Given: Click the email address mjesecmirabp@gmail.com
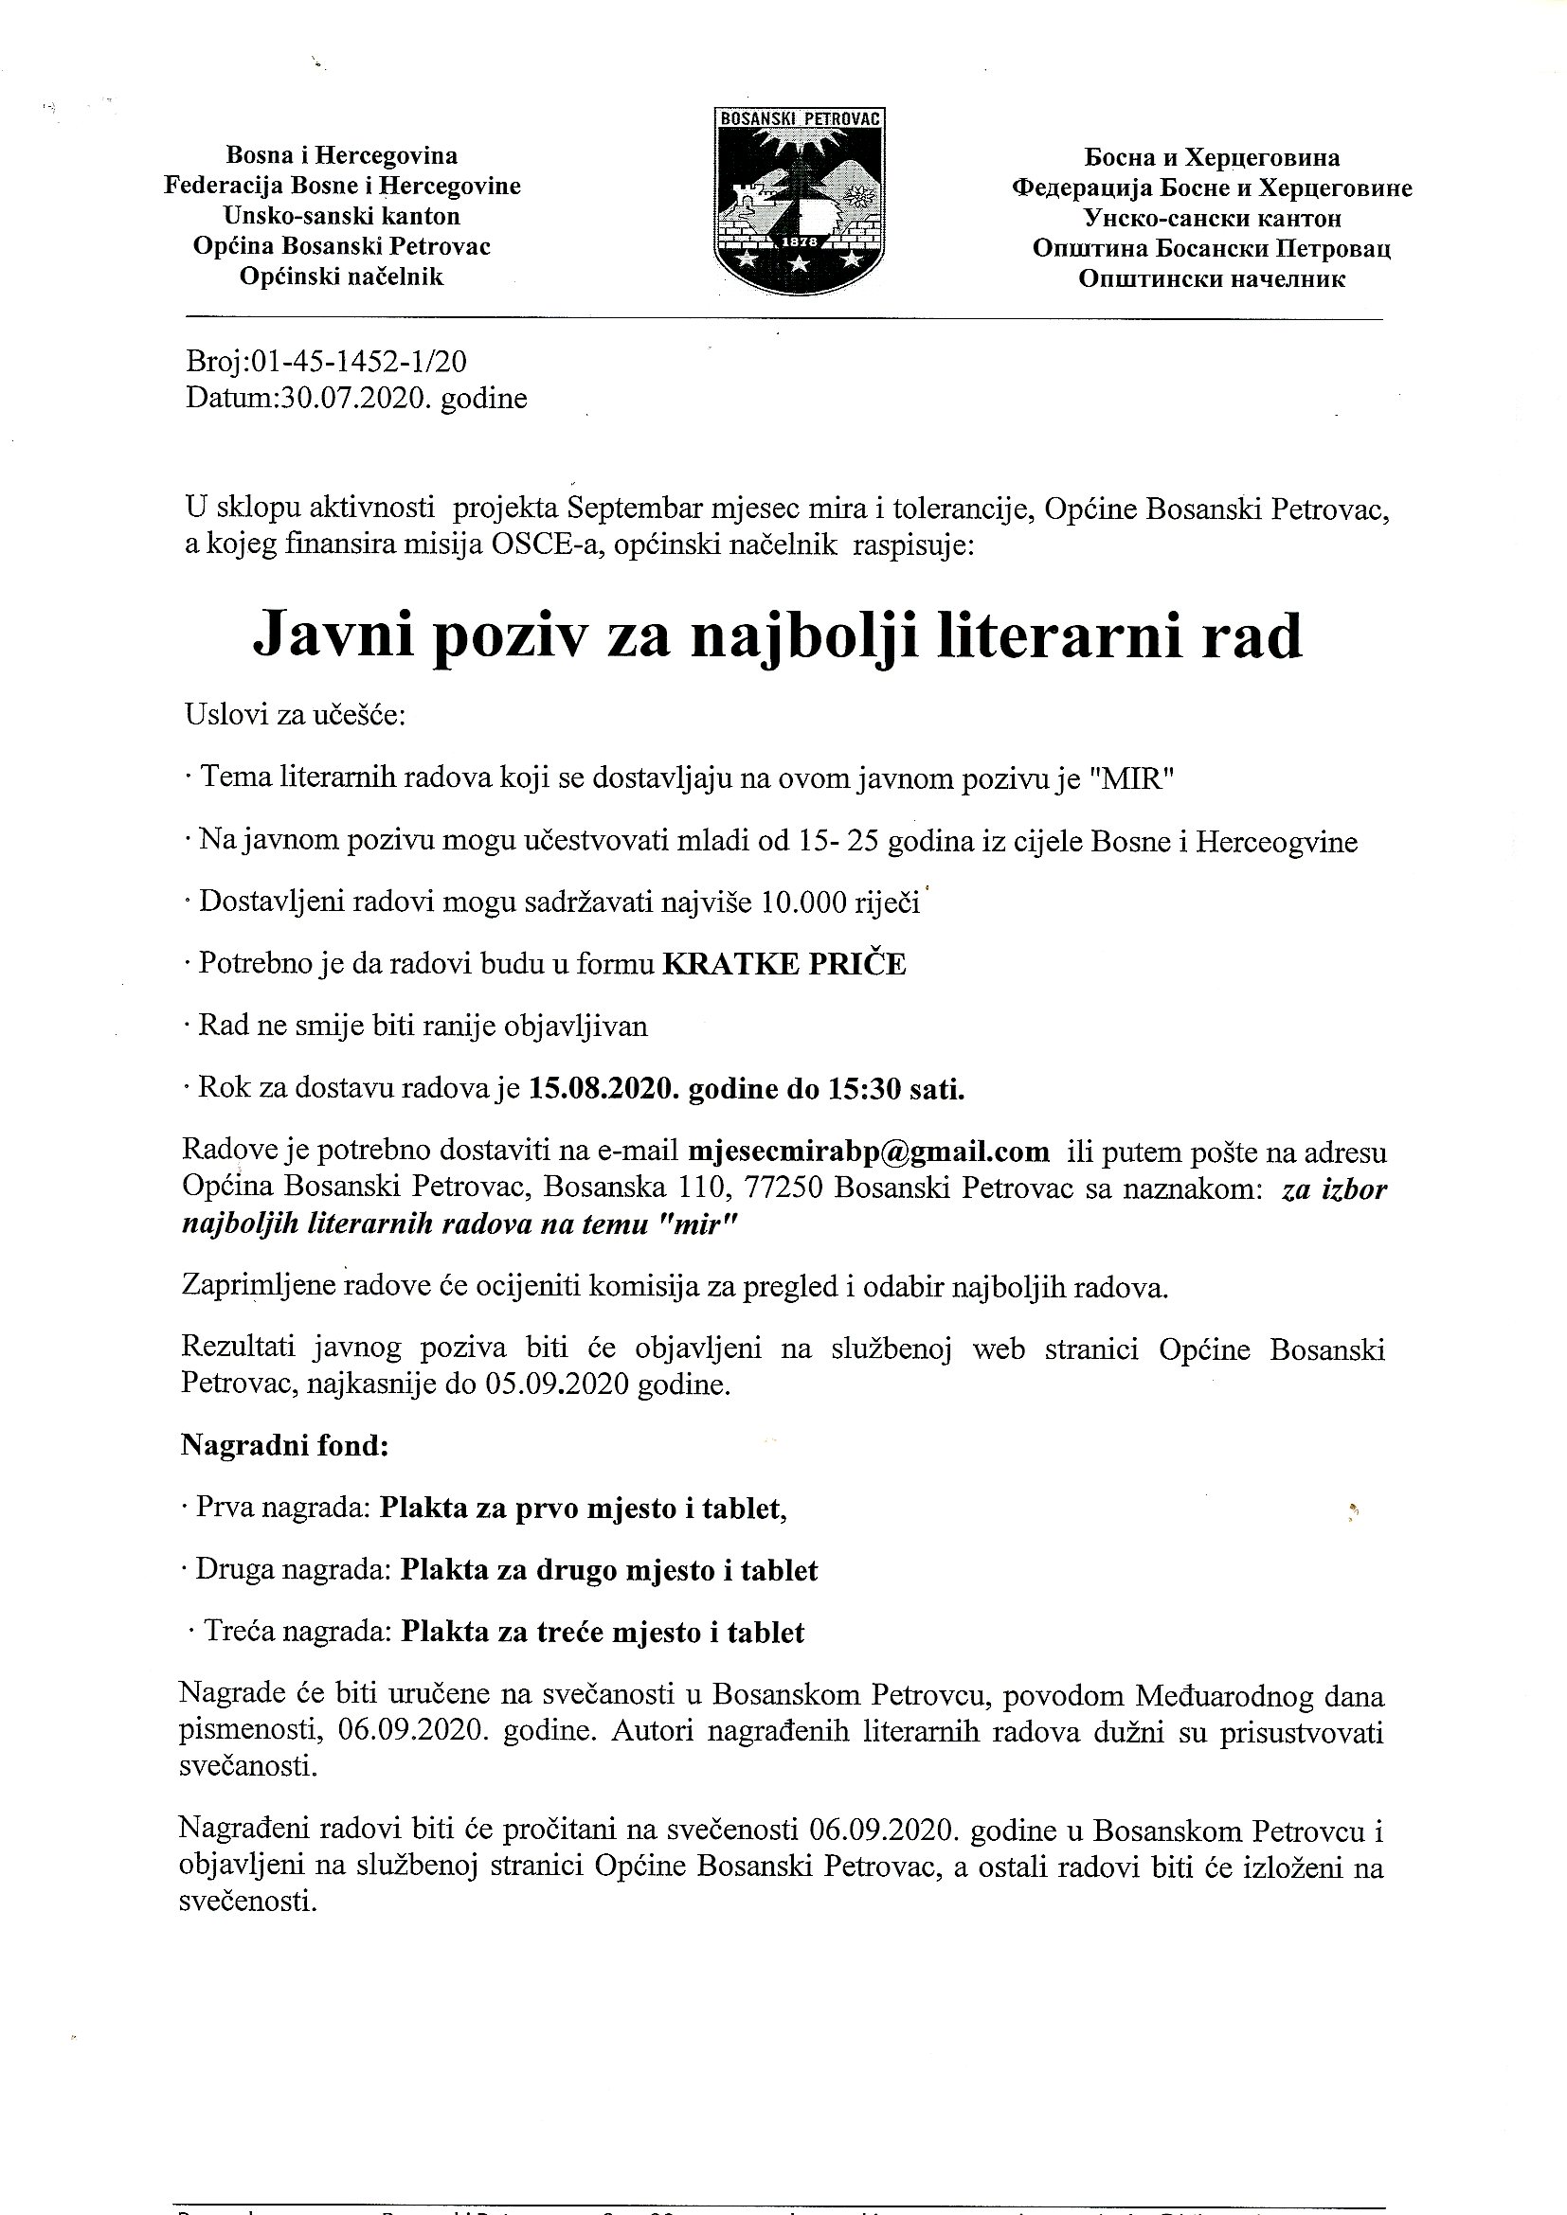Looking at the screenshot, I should point(868,1151).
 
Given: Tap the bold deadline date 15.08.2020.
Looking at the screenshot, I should point(599,1088).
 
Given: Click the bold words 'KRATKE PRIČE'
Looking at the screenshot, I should point(783,965).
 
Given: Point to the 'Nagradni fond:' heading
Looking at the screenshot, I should point(283,1445).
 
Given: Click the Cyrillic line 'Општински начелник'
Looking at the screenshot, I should point(1211,279).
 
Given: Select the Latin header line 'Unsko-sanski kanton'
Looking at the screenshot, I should point(342,216).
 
